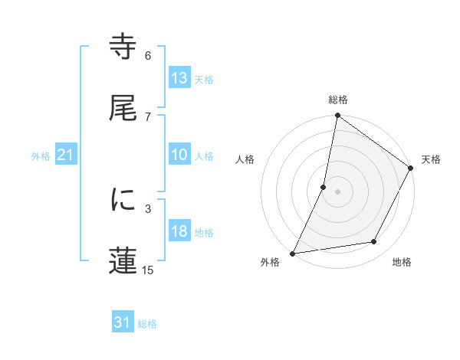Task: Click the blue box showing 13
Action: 179,78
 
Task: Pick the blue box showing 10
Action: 179,155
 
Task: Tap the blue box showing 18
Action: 179,232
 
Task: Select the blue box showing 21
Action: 65,155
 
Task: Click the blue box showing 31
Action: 123,323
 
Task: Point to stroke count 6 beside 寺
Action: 148,55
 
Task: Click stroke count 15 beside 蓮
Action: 148,269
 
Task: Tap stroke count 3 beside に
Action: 148,208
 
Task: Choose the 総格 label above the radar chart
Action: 338,100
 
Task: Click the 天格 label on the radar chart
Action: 431,159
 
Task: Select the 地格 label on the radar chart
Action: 402,262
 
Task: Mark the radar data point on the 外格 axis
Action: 293,253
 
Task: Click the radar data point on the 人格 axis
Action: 324,186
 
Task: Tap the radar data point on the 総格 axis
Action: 337,115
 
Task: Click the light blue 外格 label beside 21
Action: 41,156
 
